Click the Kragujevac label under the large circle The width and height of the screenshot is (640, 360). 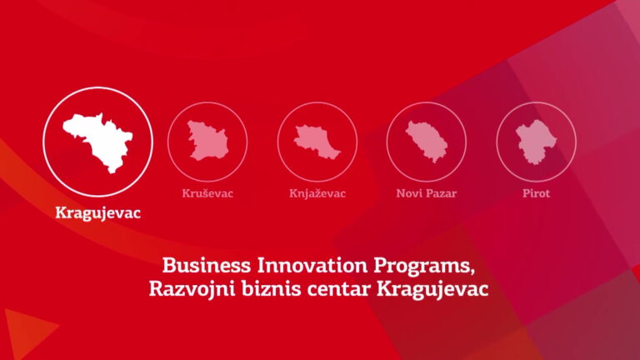(98, 213)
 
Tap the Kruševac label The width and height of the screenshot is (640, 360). (207, 193)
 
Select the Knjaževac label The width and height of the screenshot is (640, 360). (317, 193)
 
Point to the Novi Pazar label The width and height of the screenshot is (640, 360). (426, 193)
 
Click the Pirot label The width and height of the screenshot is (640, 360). (537, 193)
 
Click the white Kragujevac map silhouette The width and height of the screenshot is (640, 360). (99, 142)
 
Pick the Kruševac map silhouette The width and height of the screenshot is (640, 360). (207, 140)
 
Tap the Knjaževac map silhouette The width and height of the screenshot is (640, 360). (317, 142)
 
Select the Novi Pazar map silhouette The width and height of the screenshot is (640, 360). (426, 141)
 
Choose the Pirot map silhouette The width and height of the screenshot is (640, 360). (536, 142)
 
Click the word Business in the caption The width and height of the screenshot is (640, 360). (207, 266)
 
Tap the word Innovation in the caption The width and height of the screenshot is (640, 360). (312, 266)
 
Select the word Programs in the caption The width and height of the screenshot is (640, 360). (423, 267)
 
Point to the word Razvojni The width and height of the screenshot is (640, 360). (192, 289)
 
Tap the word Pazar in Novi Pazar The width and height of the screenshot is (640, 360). (441, 193)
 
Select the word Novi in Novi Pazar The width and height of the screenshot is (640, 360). (408, 193)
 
